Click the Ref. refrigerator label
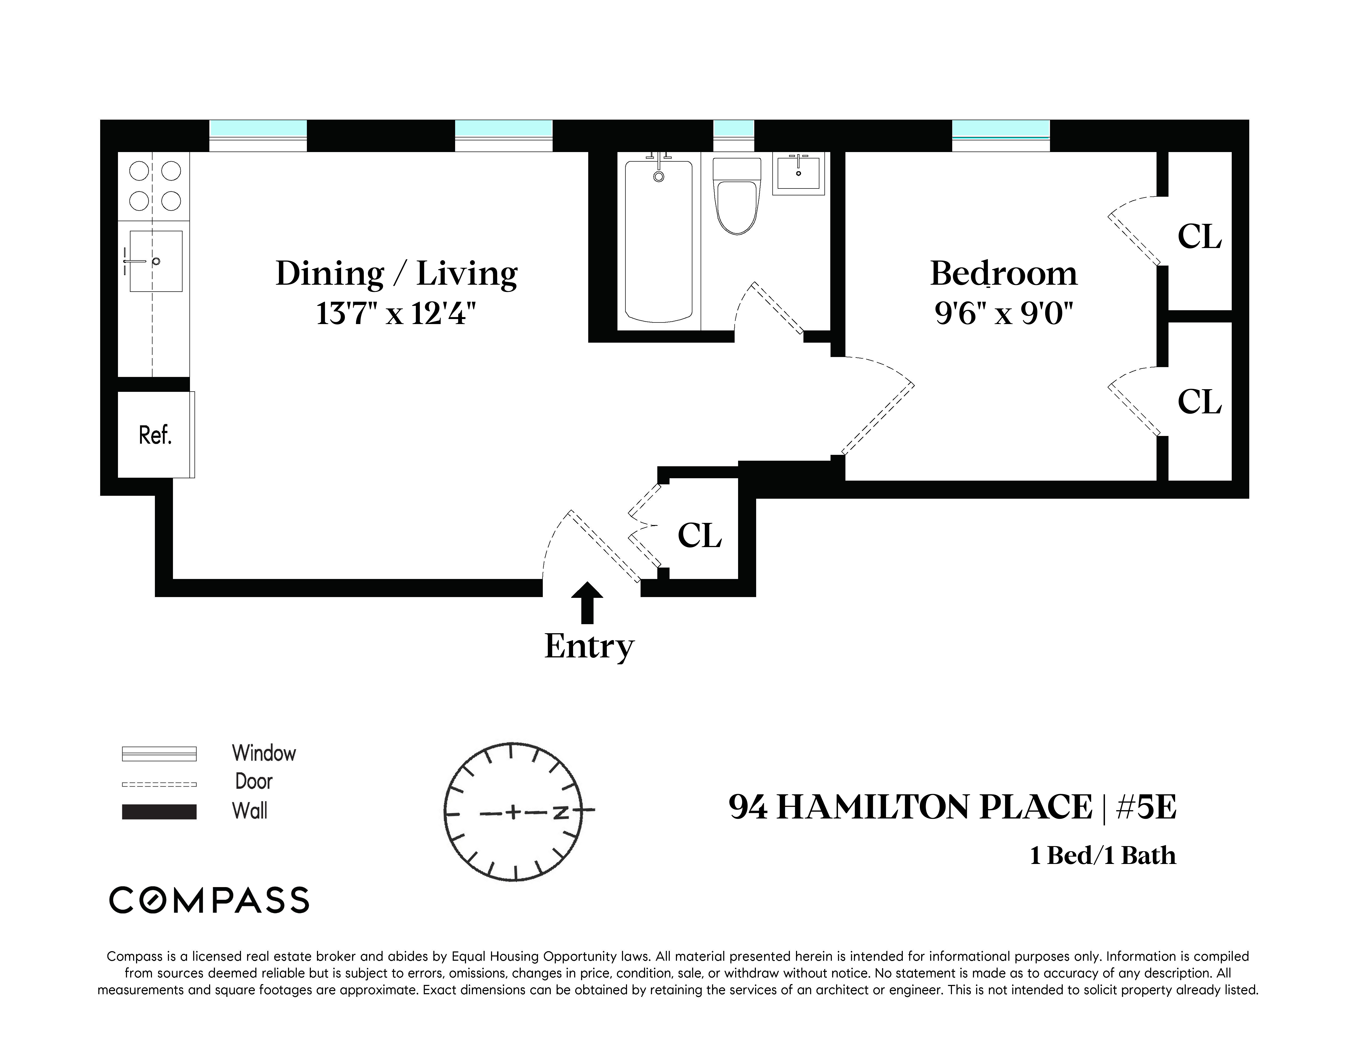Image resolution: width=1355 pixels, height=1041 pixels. pyautogui.click(x=155, y=436)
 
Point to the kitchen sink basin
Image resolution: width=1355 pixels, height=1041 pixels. pyautogui.click(x=156, y=261)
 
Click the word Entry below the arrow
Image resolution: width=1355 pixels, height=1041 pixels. pyautogui.click(x=589, y=646)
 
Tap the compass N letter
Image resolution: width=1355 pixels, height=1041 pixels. pyautogui.click(x=561, y=812)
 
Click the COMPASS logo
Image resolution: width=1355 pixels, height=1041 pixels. pyautogui.click(x=209, y=900)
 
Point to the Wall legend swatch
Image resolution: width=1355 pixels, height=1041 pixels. pyautogui.click(x=159, y=812)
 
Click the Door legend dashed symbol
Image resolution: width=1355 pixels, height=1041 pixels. pyautogui.click(x=159, y=784)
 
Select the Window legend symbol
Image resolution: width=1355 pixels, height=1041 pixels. pyautogui.click(x=159, y=753)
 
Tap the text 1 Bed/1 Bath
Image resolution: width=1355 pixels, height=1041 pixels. pyautogui.click(x=1102, y=856)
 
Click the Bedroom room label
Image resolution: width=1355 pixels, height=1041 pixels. pyautogui.click(x=1003, y=273)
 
